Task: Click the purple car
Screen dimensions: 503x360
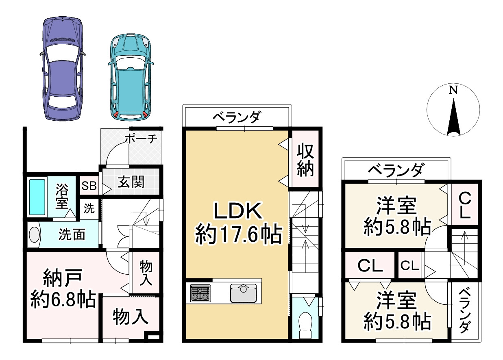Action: (x=63, y=68)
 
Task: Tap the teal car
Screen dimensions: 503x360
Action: (x=131, y=77)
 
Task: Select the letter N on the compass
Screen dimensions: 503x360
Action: (x=453, y=90)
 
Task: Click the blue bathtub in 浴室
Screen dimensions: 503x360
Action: (x=37, y=197)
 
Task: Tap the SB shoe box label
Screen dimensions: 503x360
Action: (x=89, y=186)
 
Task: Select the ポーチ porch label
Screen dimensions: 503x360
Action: (x=141, y=139)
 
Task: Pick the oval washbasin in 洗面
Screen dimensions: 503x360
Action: (x=34, y=234)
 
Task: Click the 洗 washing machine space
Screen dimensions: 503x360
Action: (x=89, y=209)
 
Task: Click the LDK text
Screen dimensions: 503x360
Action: (x=238, y=211)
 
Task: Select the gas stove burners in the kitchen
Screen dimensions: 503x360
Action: (x=200, y=293)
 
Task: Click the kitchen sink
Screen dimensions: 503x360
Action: (x=244, y=293)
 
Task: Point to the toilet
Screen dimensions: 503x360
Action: (x=305, y=325)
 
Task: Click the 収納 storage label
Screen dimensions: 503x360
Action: (x=305, y=160)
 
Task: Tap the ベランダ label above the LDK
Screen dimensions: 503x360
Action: (x=237, y=117)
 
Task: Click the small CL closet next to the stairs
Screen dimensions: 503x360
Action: (x=410, y=265)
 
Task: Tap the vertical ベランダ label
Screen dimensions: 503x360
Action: (x=464, y=311)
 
